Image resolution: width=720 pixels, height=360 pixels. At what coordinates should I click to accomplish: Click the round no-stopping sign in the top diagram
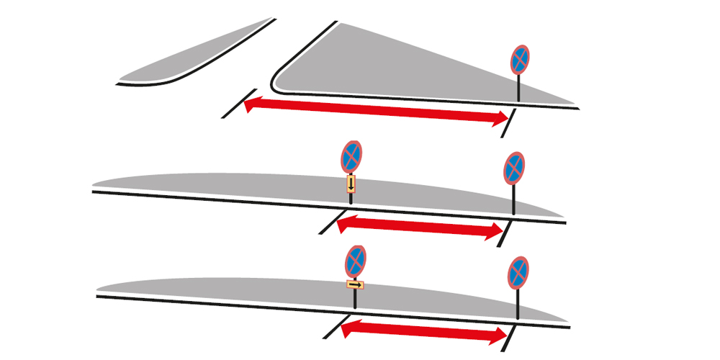pos(521,60)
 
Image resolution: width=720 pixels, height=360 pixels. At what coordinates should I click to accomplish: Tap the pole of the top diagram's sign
pos(520,90)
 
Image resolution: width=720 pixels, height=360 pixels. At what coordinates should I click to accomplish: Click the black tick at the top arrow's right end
pos(510,122)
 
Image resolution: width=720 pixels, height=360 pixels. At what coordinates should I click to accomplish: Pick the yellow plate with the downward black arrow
pos(351,184)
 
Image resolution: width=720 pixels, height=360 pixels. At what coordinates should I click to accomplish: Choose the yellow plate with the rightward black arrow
pos(354,285)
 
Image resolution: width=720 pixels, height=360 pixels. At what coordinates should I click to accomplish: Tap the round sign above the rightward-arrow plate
pos(356,260)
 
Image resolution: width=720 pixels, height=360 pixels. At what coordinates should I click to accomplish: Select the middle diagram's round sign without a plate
pos(514,168)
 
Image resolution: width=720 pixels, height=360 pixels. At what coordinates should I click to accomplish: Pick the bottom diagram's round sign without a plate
pos(518,271)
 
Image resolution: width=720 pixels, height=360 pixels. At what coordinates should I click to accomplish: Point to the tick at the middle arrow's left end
pos(329,222)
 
